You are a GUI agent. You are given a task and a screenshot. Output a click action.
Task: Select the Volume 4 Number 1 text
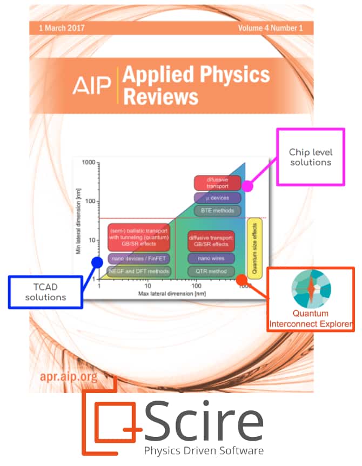(x=270, y=28)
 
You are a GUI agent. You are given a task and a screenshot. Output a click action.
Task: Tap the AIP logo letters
(x=92, y=85)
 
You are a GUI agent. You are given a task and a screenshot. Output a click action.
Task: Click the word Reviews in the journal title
(x=160, y=97)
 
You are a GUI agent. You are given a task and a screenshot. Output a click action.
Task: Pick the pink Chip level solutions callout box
(x=310, y=156)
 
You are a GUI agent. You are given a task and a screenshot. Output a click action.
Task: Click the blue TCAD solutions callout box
(x=45, y=292)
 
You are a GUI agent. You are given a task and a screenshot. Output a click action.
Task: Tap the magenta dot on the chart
(x=247, y=186)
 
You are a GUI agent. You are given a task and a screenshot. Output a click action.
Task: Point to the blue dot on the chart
(x=97, y=262)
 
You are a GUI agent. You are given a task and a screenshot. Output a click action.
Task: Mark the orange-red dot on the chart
(x=242, y=280)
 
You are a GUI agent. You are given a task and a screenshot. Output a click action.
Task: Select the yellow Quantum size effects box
(x=254, y=247)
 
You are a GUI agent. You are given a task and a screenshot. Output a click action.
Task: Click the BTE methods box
(x=209, y=210)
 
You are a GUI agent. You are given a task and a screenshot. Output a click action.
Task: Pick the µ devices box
(x=209, y=197)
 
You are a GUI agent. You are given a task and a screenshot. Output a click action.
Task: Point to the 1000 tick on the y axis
(x=89, y=163)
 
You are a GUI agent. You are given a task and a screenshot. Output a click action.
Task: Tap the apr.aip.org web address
(x=69, y=376)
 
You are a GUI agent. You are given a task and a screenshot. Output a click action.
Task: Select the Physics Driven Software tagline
(x=204, y=450)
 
